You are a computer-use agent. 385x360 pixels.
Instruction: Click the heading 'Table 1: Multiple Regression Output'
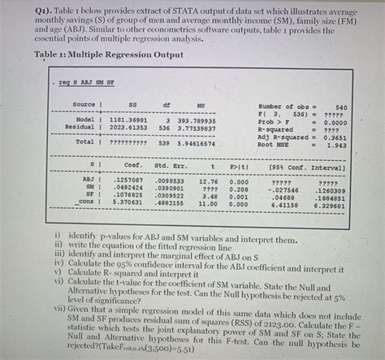(x=110, y=54)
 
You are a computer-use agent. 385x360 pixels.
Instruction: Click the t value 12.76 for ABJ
(x=209, y=180)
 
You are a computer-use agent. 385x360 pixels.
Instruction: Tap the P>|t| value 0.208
(x=239, y=188)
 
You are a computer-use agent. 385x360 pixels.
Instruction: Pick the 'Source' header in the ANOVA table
(x=84, y=106)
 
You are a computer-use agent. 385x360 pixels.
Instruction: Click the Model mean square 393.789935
(x=202, y=119)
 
